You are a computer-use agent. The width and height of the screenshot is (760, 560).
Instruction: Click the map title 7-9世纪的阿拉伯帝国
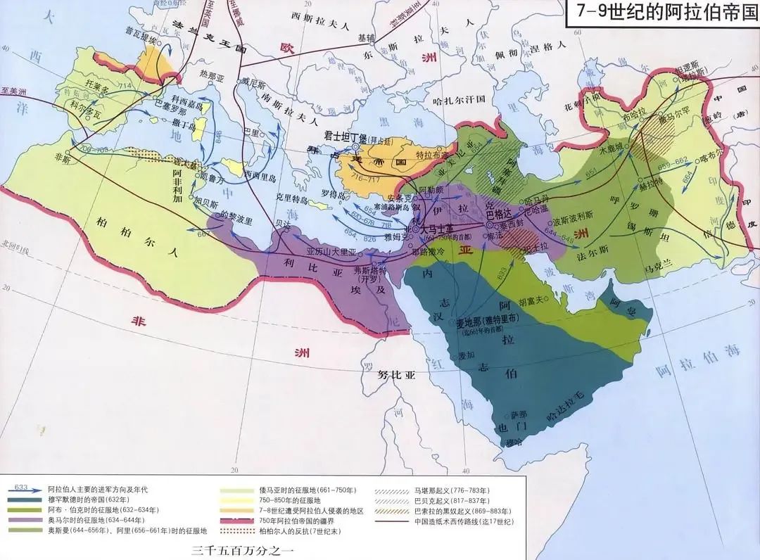[661, 14]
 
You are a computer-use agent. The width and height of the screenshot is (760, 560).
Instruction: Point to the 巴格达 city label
[500, 210]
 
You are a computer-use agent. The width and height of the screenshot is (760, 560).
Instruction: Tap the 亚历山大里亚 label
[332, 251]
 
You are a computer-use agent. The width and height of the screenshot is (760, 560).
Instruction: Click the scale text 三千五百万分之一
[235, 552]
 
